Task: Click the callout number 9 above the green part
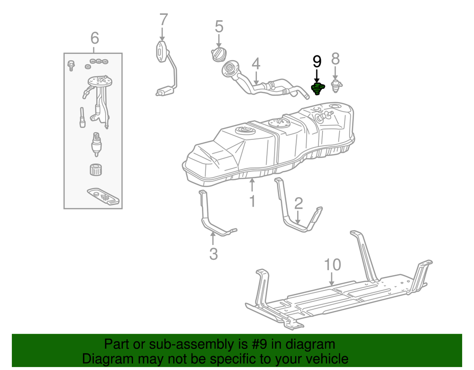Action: (316, 61)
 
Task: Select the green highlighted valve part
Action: (316, 89)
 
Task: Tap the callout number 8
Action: (335, 59)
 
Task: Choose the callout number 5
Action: (219, 27)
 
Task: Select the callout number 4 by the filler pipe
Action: (255, 64)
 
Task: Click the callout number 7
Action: (163, 20)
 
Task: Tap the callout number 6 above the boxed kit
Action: (94, 38)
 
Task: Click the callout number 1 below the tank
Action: (252, 202)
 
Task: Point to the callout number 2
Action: (298, 203)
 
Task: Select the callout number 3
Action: (213, 254)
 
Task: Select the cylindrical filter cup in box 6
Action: (95, 169)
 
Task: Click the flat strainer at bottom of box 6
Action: (103, 196)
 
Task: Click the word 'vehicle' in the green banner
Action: (323, 359)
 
